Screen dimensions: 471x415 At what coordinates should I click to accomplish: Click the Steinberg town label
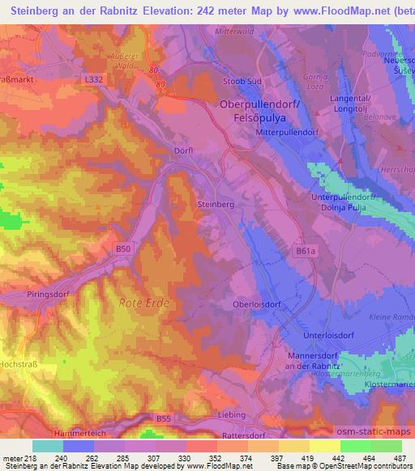(x=216, y=206)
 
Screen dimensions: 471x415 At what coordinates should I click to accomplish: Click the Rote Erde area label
(x=141, y=302)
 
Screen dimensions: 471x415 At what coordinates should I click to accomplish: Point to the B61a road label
(x=305, y=251)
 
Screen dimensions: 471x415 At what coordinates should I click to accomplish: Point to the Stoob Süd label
(x=242, y=82)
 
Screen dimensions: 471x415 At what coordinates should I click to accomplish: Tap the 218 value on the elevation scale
(x=29, y=457)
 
